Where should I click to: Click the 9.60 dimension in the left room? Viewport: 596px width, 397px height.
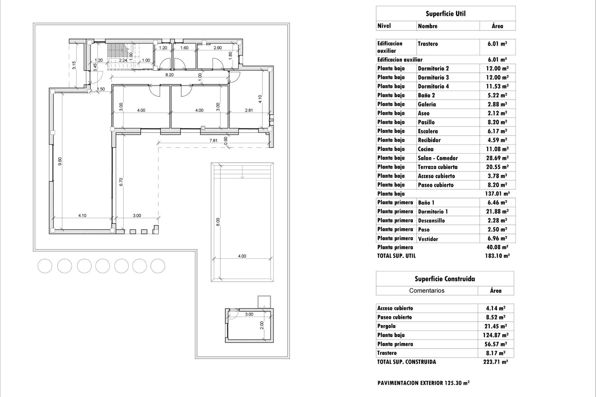tap(60, 161)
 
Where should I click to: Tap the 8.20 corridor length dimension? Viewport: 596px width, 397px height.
tap(169, 75)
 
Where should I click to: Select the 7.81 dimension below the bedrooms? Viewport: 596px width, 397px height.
tap(213, 141)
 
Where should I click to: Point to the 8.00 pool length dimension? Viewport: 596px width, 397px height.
tap(218, 222)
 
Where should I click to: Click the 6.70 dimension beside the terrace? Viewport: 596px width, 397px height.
tap(121, 182)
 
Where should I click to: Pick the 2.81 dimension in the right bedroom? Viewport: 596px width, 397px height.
tap(249, 110)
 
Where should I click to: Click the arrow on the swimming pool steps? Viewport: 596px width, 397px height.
tap(242, 176)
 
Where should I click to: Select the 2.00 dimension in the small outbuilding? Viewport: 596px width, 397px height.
tap(262, 325)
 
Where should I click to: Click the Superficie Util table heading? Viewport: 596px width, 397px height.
tap(445, 14)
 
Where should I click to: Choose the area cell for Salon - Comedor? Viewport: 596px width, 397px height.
tap(497, 158)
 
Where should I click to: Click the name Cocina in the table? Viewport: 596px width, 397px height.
tap(426, 149)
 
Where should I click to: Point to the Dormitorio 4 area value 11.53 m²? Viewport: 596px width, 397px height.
tap(497, 86)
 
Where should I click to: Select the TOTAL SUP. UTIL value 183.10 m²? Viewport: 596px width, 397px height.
tap(497, 256)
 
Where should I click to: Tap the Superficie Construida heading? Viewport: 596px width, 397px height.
tap(445, 279)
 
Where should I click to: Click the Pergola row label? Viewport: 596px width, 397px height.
tap(386, 326)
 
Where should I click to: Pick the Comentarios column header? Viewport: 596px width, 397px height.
tap(427, 291)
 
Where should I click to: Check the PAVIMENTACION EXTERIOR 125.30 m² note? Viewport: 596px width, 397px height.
tap(423, 383)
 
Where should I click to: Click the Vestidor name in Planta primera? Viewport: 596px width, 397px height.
tap(428, 239)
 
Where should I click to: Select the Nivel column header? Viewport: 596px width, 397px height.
tap(384, 26)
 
